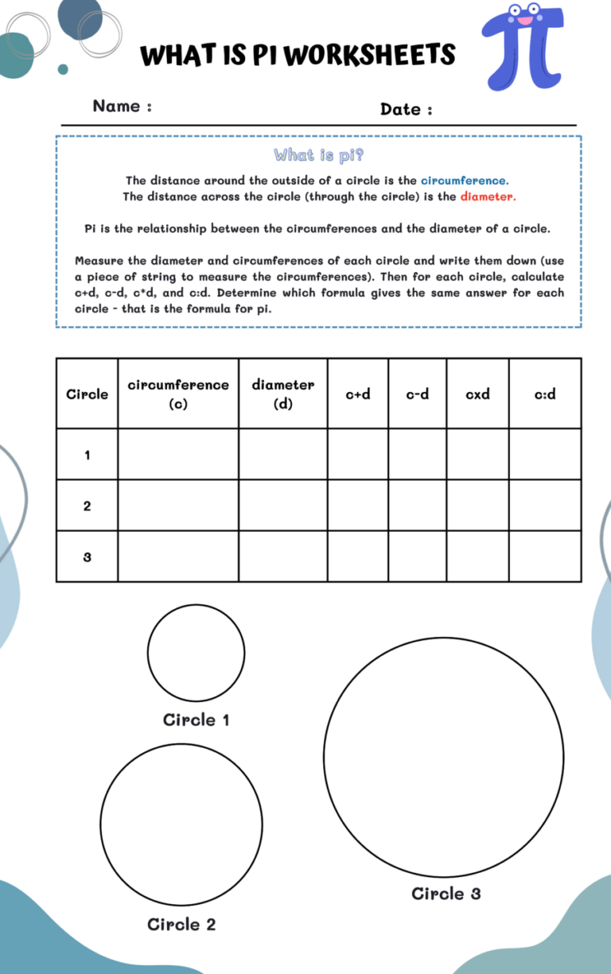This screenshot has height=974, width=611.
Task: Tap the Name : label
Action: [x=122, y=107]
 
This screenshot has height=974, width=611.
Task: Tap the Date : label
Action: [x=406, y=110]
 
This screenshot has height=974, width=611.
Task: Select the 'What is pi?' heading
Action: [x=319, y=154]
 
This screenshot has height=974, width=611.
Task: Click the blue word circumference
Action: [x=465, y=180]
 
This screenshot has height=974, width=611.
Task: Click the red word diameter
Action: [x=488, y=196]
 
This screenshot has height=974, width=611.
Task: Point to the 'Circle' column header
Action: [x=87, y=394]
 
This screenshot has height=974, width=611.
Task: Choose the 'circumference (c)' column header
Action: [x=178, y=394]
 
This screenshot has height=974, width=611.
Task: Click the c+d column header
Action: [x=358, y=394]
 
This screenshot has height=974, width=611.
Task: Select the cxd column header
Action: [x=477, y=394]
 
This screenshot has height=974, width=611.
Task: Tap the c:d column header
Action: [x=545, y=394]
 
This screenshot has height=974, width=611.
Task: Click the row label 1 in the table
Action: [x=87, y=455]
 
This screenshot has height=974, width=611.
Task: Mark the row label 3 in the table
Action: [x=87, y=557]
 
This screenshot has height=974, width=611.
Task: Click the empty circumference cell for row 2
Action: [x=178, y=506]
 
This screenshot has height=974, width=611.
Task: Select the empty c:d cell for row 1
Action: [x=545, y=455]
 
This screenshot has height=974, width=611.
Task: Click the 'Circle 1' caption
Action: [x=196, y=720]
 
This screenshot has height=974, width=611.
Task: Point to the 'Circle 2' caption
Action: [x=181, y=924]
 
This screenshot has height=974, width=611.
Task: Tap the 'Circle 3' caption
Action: [x=446, y=893]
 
